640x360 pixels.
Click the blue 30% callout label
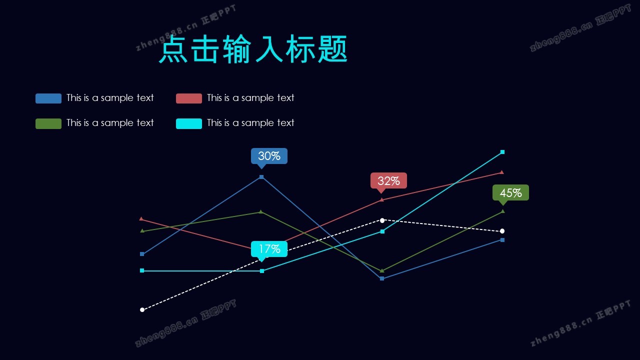point(269,156)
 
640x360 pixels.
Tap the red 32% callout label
point(388,181)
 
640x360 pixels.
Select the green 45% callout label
point(510,193)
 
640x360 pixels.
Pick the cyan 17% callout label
point(269,249)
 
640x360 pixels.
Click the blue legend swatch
point(48,98)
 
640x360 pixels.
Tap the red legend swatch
point(189,98)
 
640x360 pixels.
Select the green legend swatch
point(48,123)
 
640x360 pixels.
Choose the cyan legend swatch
point(189,123)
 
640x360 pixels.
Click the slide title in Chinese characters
point(253,49)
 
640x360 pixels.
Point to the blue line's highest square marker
point(261,177)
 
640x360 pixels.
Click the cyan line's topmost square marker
point(502,152)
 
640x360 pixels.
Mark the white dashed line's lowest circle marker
point(142,310)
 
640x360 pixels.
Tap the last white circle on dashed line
point(502,231)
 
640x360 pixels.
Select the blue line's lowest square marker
point(382,278)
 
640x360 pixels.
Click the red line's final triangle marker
point(502,172)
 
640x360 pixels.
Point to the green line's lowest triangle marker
point(382,271)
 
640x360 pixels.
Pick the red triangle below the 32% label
point(382,200)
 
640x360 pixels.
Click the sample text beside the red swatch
point(250,98)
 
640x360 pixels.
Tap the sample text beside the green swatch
point(110,123)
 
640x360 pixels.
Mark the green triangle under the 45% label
point(502,211)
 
